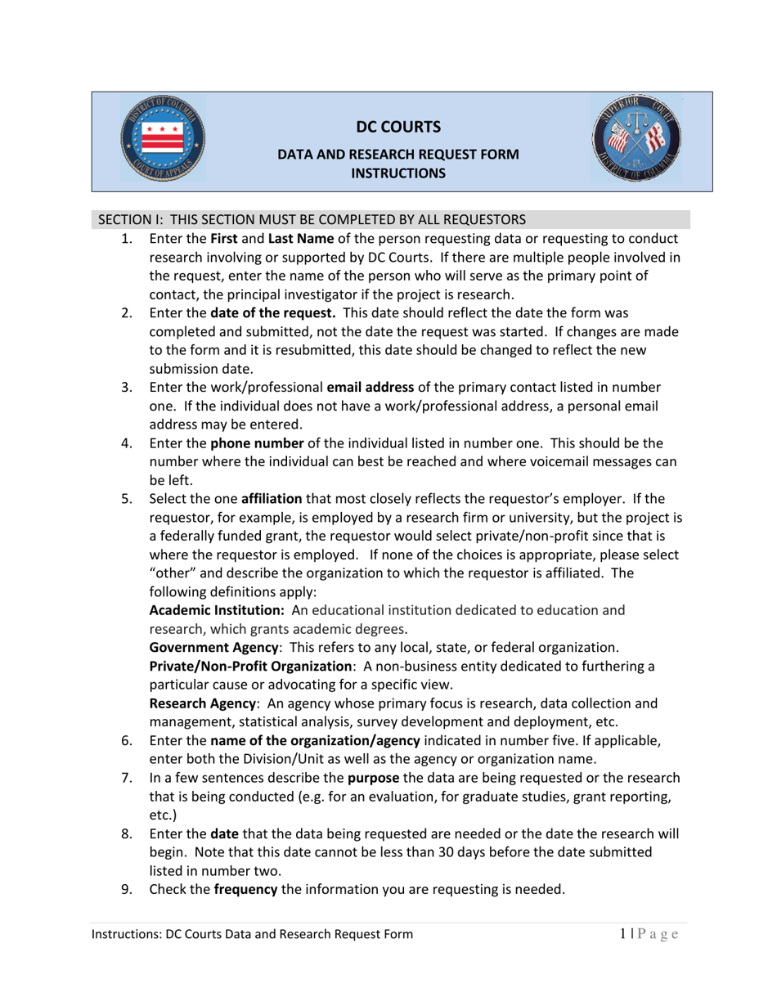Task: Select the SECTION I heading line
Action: [311, 220]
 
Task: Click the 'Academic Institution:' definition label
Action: [217, 611]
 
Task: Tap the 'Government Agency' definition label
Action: [211, 648]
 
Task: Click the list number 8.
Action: [127, 834]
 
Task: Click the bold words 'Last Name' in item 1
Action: [300, 239]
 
